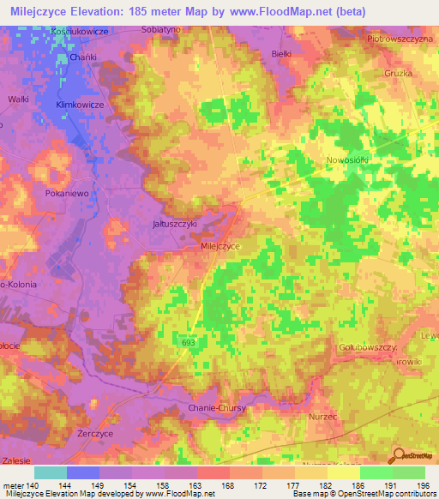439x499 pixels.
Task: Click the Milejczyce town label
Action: (220, 245)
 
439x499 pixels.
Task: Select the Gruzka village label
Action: (376, 74)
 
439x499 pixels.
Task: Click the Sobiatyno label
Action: (160, 28)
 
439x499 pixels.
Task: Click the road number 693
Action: (189, 342)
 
